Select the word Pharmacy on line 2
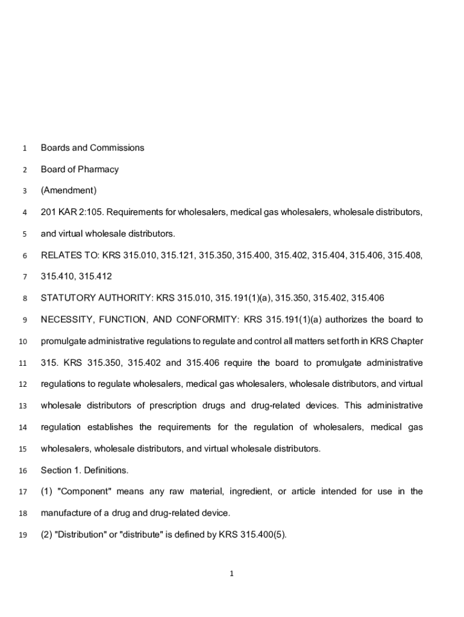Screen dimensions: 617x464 point(98,169)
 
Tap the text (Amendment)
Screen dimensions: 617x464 point(68,190)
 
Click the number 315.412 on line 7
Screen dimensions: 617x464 point(95,277)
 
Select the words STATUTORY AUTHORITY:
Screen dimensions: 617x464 point(97,298)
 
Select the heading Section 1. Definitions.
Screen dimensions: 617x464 point(84,470)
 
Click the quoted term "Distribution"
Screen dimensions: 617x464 point(83,534)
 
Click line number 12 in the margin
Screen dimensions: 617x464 point(24,384)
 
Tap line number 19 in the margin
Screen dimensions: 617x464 point(24,535)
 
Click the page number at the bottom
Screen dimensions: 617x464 point(231,574)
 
